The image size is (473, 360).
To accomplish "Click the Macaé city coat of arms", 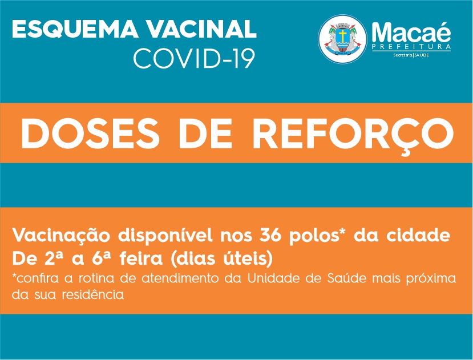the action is click(x=343, y=39).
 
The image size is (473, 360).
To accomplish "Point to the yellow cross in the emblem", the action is click(x=343, y=35).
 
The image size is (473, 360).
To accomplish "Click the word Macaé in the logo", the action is click(x=411, y=32).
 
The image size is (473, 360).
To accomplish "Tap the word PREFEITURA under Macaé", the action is click(x=411, y=47).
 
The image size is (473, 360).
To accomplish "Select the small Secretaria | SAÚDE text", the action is click(x=411, y=55).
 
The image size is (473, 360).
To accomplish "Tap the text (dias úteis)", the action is click(x=221, y=259).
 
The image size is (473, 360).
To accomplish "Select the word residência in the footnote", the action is click(x=93, y=294).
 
